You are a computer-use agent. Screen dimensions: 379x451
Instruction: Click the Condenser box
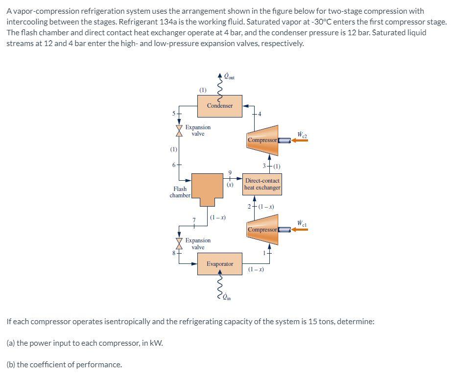[x=220, y=106]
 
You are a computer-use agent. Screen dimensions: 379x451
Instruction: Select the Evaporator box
[x=220, y=263]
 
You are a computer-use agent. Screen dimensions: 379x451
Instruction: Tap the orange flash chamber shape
[x=208, y=189]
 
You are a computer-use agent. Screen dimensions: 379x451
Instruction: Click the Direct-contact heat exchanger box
[x=262, y=184]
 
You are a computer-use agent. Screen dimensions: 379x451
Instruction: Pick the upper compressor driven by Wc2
[x=262, y=140]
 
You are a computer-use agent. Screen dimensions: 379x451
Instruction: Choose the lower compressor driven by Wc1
[x=262, y=229]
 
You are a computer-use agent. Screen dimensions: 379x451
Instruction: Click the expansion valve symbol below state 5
[x=179, y=131]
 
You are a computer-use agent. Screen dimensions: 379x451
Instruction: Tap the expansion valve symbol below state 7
[x=179, y=243]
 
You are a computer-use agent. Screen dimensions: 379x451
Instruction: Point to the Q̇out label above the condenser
[x=229, y=76]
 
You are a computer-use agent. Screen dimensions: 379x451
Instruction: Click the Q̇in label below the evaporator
[x=227, y=297]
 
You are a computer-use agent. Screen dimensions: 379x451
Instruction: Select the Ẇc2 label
[x=303, y=134]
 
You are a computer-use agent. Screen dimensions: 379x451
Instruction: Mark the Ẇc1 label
[x=303, y=224]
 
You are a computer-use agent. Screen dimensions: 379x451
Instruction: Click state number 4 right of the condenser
[x=260, y=114]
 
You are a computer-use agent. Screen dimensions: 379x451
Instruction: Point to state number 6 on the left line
[x=174, y=164]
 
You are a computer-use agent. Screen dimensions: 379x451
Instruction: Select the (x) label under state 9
[x=229, y=185]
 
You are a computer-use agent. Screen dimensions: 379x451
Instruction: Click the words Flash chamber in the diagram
[x=180, y=192]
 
